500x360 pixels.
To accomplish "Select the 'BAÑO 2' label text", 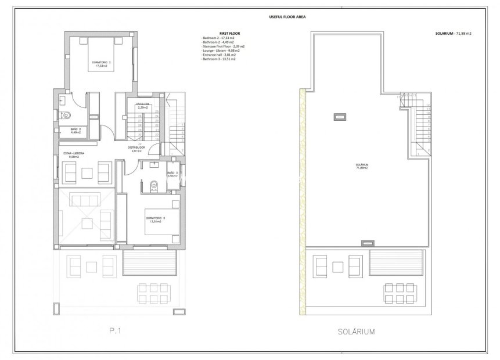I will (74, 131).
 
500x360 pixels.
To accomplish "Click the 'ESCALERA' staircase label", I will (142, 105).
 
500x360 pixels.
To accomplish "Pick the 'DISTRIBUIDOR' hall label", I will (136, 148).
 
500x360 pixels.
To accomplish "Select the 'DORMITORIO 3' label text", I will (155, 219).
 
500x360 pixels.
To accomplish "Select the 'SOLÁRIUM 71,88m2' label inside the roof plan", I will (362, 166).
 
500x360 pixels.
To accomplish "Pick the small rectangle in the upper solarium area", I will (339, 117).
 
